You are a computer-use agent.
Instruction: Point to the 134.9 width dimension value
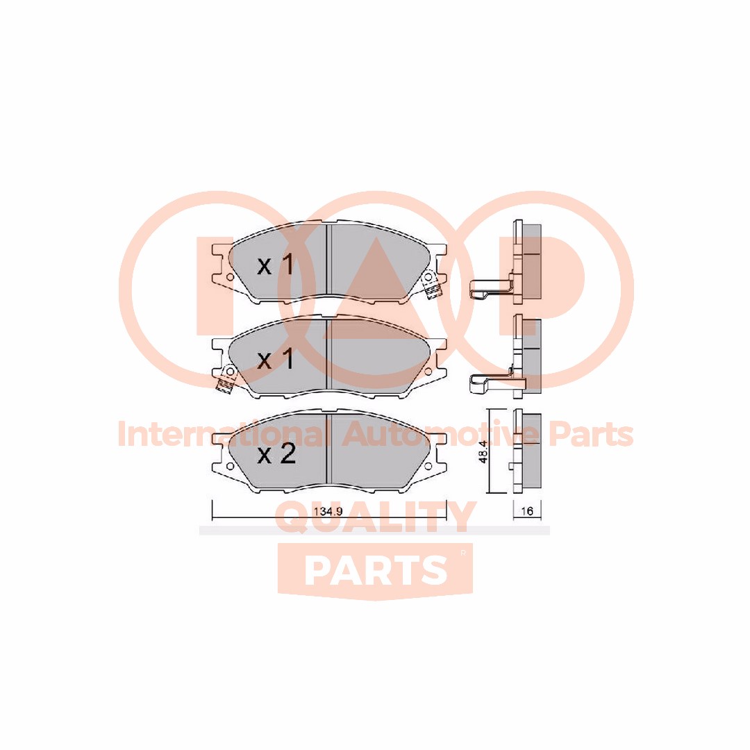click(328, 511)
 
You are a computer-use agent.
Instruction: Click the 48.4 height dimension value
click(483, 451)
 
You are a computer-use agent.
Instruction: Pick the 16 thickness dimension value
click(526, 511)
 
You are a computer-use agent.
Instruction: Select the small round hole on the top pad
click(230, 277)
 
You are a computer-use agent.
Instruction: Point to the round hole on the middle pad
click(428, 372)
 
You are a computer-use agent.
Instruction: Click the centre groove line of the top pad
click(328, 261)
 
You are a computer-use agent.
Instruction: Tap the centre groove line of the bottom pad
click(328, 450)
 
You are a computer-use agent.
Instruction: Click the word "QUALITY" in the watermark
click(376, 517)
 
